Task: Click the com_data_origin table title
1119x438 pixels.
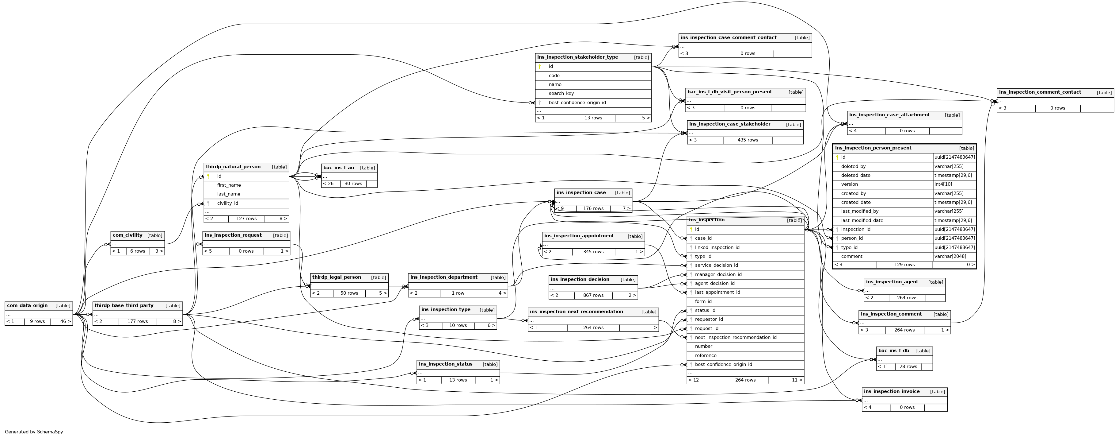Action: click(x=27, y=306)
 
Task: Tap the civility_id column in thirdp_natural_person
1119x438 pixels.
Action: click(x=228, y=203)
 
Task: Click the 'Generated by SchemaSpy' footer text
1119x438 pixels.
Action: click(x=34, y=432)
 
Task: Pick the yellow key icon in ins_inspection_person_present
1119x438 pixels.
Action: click(x=837, y=157)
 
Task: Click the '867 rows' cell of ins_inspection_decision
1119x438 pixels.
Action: click(x=593, y=295)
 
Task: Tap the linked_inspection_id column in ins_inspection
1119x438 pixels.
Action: click(x=717, y=247)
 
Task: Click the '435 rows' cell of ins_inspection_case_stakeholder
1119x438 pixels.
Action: click(x=747, y=140)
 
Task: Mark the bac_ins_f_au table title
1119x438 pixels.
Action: click(x=338, y=168)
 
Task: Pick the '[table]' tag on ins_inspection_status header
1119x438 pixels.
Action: click(x=490, y=365)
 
